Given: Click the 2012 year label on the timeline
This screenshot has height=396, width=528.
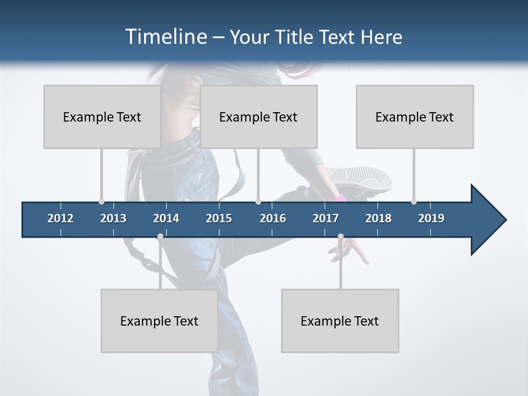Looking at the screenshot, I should click(x=61, y=218).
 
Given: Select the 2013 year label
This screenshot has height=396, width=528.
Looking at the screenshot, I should click(x=113, y=218).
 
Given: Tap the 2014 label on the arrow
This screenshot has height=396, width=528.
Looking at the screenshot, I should click(x=166, y=218).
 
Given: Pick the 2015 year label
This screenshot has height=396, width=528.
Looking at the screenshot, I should click(x=219, y=218).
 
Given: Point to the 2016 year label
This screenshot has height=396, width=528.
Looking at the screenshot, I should click(x=273, y=218).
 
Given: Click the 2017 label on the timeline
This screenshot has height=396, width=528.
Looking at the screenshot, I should click(x=326, y=218).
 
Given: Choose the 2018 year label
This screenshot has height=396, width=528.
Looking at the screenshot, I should click(x=378, y=218).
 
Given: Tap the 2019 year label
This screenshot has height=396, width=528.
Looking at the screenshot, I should click(x=431, y=218).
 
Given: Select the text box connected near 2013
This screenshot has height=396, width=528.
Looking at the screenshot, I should click(x=102, y=117).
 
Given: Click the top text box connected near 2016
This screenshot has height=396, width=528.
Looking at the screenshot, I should click(x=258, y=117).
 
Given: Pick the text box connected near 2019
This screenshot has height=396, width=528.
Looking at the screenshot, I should click(x=415, y=117).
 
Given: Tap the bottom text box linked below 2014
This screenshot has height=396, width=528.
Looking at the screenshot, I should click(x=159, y=321).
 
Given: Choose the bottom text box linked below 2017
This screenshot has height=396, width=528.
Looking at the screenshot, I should click(x=340, y=321).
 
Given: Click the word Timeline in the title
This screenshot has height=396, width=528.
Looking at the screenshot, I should click(x=165, y=37).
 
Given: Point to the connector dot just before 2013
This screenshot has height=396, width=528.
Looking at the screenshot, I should click(x=101, y=201).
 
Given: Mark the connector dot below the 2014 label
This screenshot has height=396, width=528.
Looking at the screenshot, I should click(x=160, y=237).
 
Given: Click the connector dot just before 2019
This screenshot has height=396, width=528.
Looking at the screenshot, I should click(x=414, y=201).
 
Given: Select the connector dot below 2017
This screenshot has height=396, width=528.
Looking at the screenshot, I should click(x=340, y=237).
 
